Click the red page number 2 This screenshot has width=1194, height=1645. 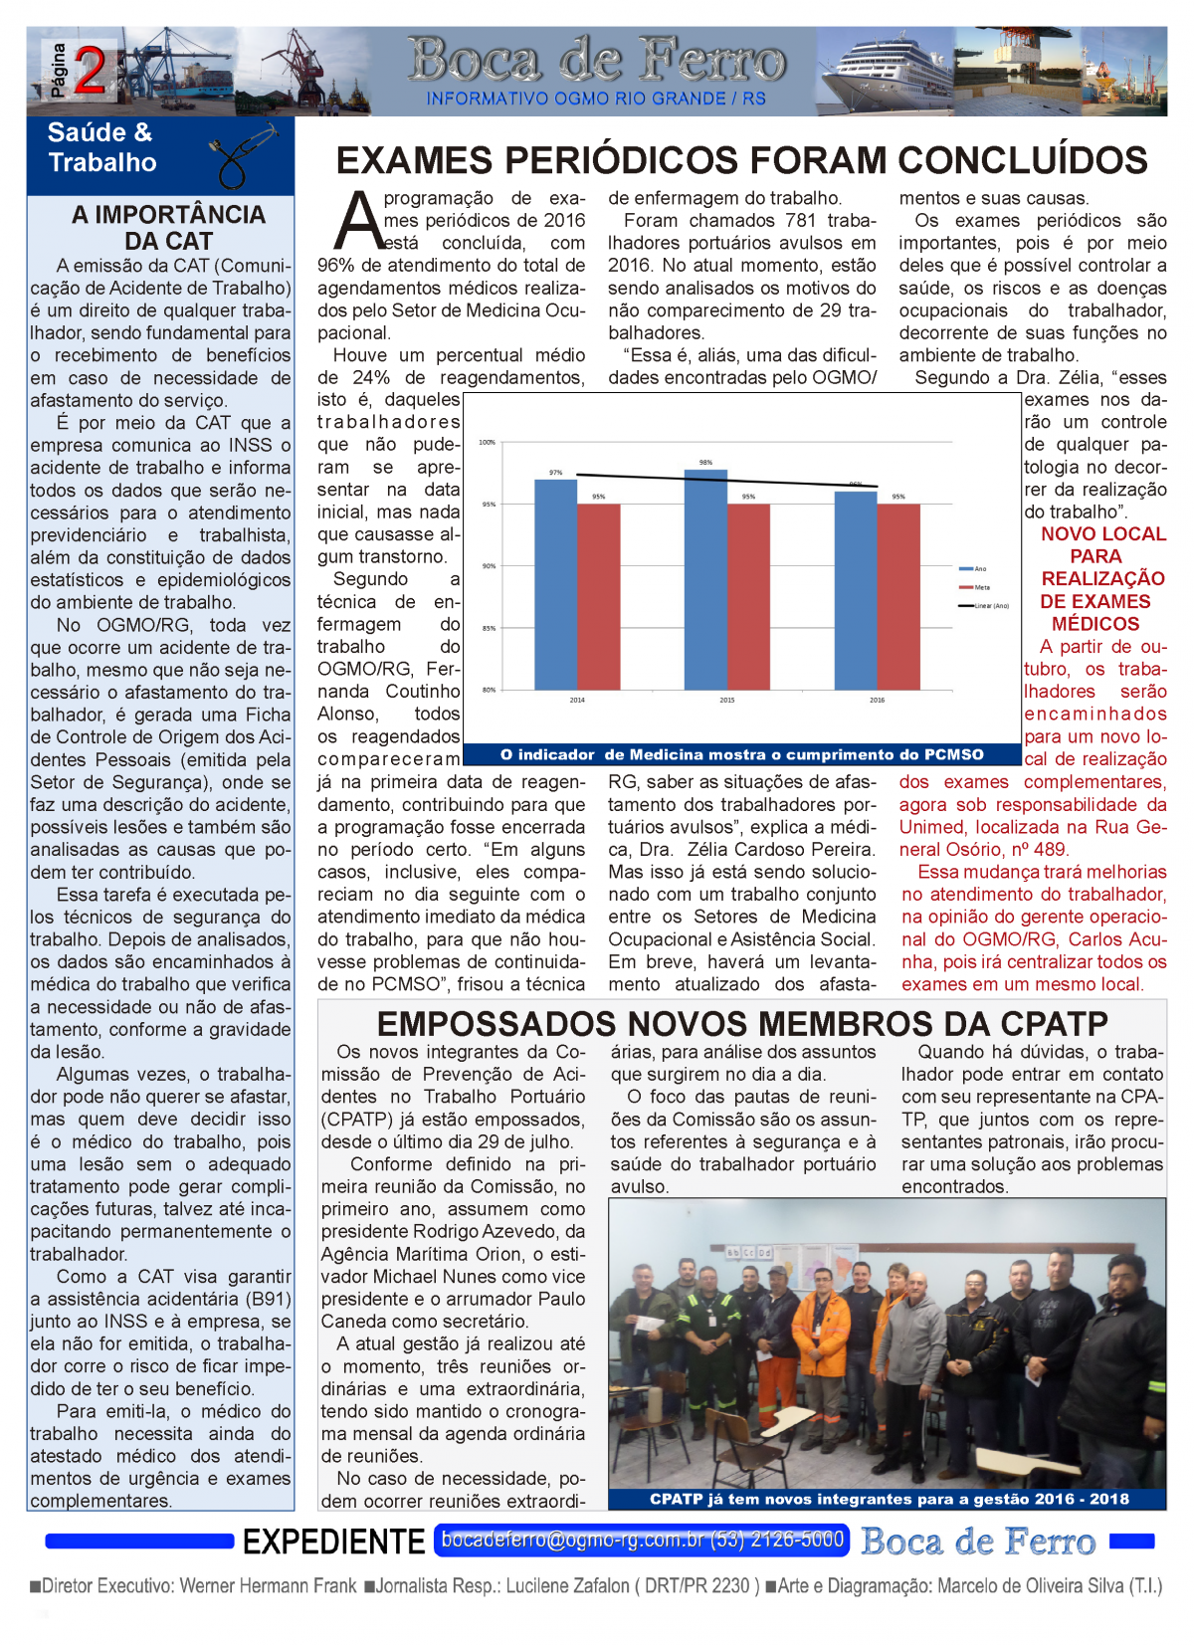[90, 71]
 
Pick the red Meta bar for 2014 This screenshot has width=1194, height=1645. [598, 596]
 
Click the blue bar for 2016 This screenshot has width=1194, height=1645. [855, 590]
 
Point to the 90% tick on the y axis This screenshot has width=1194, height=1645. [489, 566]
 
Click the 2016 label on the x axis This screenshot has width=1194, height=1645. [877, 701]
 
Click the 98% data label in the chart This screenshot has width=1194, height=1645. [705, 463]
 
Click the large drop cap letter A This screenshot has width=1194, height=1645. [357, 221]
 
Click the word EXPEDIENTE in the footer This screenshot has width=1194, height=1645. [333, 1542]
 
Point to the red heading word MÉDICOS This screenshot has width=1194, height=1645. [1094, 624]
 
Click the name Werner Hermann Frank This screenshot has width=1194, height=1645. [268, 1586]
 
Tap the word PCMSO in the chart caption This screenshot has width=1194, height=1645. [952, 755]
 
